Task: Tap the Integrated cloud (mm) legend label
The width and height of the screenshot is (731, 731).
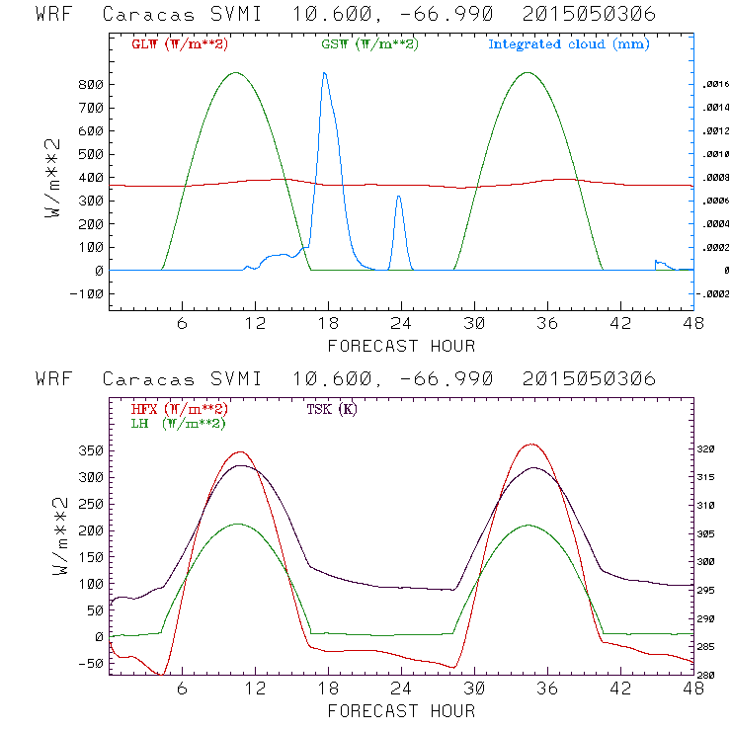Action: pyautogui.click(x=569, y=44)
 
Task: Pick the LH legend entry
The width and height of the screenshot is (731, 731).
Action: pyautogui.click(x=178, y=423)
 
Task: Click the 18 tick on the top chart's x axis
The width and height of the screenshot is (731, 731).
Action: pyautogui.click(x=328, y=322)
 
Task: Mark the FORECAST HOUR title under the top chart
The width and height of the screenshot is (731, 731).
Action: pyautogui.click(x=401, y=346)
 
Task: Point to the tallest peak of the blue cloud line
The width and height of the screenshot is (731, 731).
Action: pyautogui.click(x=324, y=73)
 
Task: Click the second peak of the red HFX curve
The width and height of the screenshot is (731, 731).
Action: pyautogui.click(x=531, y=445)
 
